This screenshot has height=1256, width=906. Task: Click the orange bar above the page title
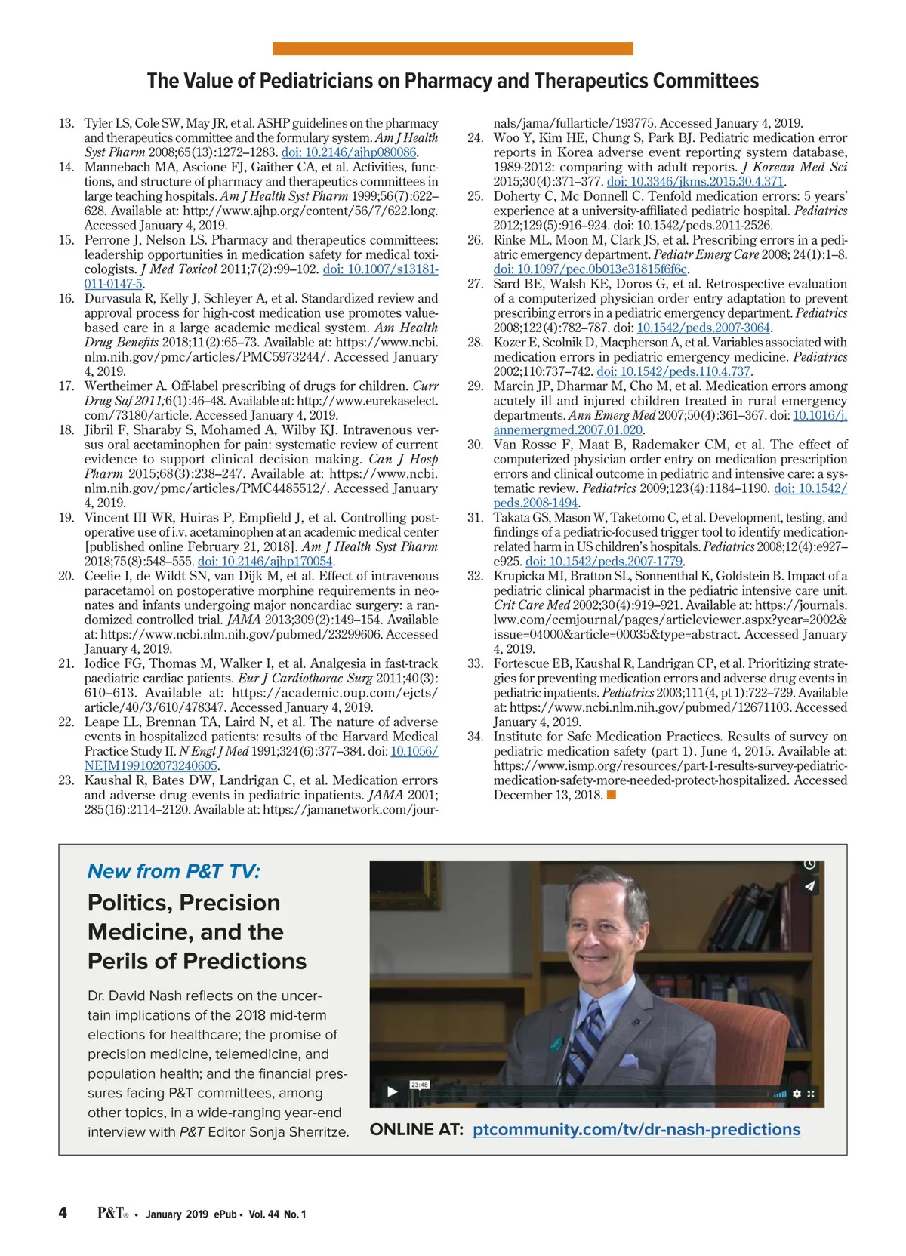pyautogui.click(x=452, y=49)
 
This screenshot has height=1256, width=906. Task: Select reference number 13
pyautogui.click(x=66, y=123)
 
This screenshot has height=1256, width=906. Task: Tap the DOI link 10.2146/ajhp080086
pyautogui.click(x=349, y=152)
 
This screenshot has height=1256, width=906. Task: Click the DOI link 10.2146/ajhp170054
pyautogui.click(x=265, y=561)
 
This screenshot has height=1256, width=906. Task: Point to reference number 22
pyautogui.click(x=66, y=722)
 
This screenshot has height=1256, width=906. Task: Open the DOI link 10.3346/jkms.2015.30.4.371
pyautogui.click(x=696, y=181)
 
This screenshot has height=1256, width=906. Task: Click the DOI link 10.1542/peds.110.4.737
pyautogui.click(x=673, y=371)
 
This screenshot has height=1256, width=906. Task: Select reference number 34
pyautogui.click(x=476, y=737)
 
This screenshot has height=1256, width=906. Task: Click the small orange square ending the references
pyautogui.click(x=612, y=795)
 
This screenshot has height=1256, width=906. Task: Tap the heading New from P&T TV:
pyautogui.click(x=174, y=871)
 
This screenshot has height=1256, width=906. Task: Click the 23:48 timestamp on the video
pyautogui.click(x=419, y=1085)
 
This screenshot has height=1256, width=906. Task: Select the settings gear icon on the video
pyautogui.click(x=796, y=1094)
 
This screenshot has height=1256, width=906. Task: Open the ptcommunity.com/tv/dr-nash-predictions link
pyautogui.click(x=636, y=1130)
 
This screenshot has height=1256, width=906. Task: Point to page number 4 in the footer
pyautogui.click(x=63, y=1213)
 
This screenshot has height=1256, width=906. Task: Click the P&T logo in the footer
pyautogui.click(x=112, y=1213)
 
